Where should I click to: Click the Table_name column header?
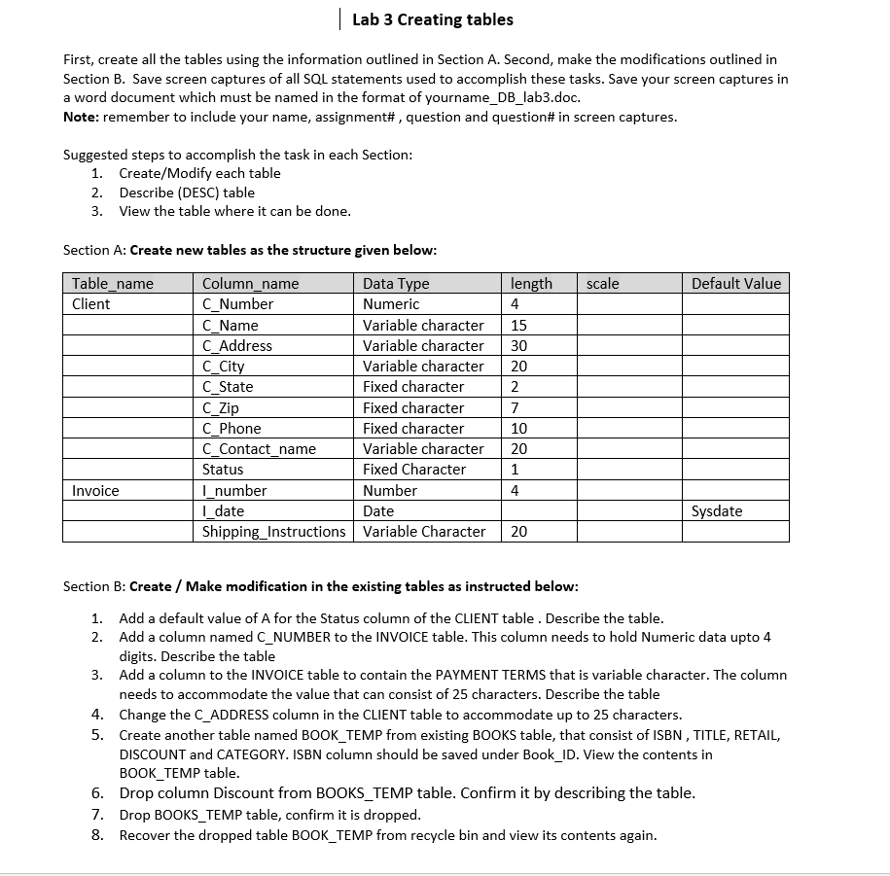point(113,284)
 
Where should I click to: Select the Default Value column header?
point(735,284)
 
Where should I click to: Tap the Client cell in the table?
point(91,304)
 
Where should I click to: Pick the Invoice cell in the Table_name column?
point(95,491)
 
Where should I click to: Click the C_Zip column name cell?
point(221,408)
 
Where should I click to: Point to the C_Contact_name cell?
point(259,449)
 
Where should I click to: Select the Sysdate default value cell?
point(717,511)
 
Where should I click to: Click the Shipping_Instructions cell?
point(273,532)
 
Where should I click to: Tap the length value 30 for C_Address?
point(518,346)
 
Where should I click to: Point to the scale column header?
point(603,284)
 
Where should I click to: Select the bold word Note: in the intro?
point(81,118)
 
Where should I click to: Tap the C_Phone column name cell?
point(231,429)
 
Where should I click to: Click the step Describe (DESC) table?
point(187,193)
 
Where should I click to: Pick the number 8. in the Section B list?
point(97,835)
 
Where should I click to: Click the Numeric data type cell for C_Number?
point(391,304)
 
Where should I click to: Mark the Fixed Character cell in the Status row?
point(414,470)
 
